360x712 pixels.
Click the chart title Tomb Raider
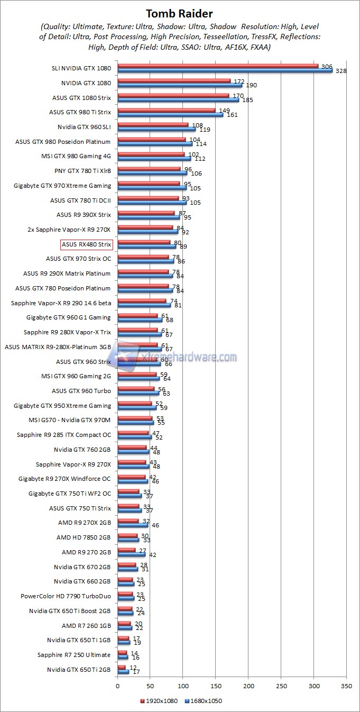[180, 13]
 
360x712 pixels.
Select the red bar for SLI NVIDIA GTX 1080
[218, 66]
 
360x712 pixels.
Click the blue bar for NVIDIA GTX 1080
[180, 85]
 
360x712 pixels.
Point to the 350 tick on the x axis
[346, 686]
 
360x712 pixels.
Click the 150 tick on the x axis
[216, 686]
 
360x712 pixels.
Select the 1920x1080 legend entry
[159, 701]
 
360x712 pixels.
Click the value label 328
[340, 71]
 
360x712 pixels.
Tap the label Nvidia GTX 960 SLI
[84, 127]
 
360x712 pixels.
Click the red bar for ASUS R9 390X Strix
[146, 213]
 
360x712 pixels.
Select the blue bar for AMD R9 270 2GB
[131, 554]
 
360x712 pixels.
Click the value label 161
[232, 115]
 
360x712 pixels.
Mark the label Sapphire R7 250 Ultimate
[74, 655]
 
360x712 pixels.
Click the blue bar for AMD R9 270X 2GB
[133, 525]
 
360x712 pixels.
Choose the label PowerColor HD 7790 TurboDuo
[66, 596]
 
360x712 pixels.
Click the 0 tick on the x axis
[117, 686]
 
